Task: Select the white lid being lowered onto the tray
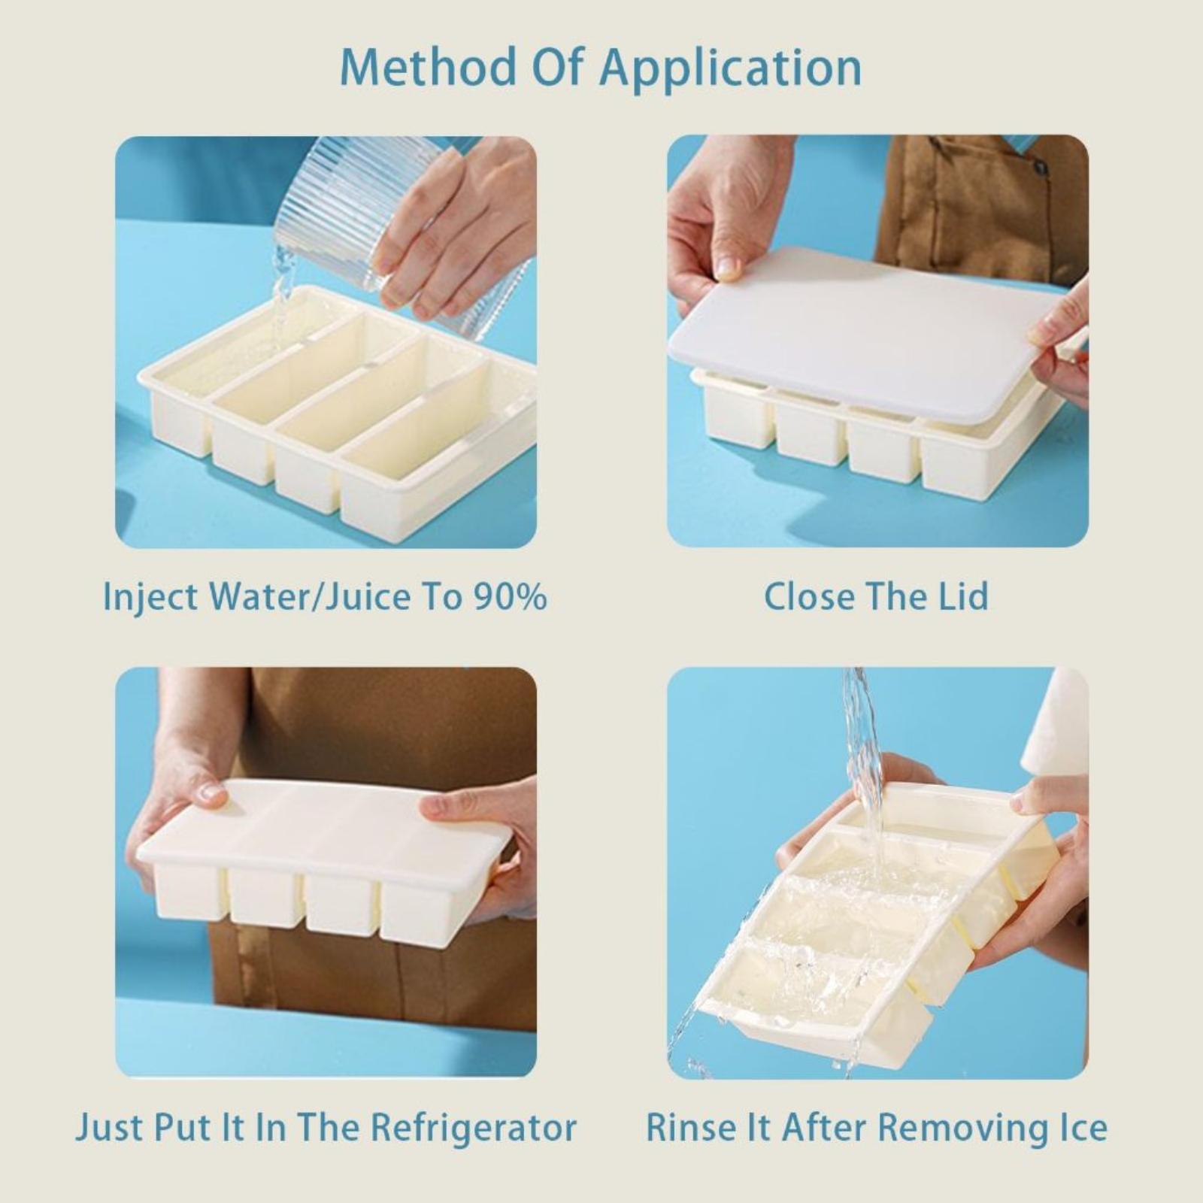(x=872, y=331)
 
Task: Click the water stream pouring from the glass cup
(x=282, y=301)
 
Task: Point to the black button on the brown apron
(x=1040, y=167)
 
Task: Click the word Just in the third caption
(x=109, y=1128)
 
